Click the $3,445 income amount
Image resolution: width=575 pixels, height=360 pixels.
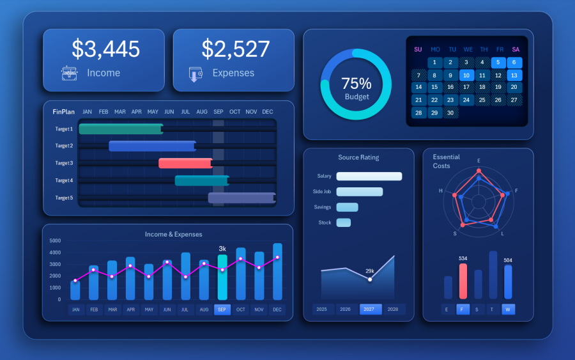click(105, 50)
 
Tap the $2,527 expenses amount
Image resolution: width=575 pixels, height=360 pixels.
click(236, 50)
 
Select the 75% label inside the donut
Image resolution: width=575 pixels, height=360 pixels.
click(356, 83)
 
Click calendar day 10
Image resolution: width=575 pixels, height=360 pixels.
click(467, 75)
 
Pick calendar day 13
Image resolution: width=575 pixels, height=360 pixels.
click(514, 75)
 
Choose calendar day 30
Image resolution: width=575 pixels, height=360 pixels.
click(451, 113)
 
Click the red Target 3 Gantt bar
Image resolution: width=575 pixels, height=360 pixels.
click(185, 163)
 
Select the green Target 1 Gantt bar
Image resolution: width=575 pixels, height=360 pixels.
click(120, 129)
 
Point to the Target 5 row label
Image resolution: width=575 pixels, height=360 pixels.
click(64, 198)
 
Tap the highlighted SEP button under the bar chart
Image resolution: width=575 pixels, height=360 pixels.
click(222, 309)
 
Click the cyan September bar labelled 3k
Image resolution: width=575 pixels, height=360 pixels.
click(222, 278)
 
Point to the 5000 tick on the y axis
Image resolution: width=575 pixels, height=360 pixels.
click(55, 241)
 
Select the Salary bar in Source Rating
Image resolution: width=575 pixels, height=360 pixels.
click(369, 176)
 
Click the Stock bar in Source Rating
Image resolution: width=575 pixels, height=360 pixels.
click(343, 223)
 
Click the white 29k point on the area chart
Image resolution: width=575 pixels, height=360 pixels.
click(370, 279)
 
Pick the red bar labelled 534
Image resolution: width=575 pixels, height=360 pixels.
click(463, 281)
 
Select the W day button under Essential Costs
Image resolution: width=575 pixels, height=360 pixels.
click(508, 309)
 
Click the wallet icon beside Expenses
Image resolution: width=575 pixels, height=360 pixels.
click(195, 74)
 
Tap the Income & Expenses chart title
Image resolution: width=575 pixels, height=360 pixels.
click(173, 235)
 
